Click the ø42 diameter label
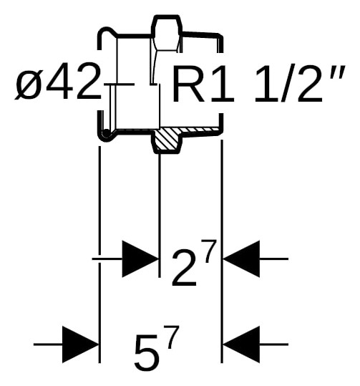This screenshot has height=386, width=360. (x=58, y=81)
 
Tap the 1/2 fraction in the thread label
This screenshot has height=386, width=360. (x=288, y=84)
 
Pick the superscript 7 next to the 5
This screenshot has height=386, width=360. (x=172, y=337)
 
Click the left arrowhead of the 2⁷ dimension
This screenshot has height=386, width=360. (x=140, y=259)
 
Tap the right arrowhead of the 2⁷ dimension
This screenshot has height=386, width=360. (x=241, y=259)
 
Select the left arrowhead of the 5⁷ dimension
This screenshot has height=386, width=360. (x=80, y=344)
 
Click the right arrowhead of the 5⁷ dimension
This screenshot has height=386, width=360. (x=241, y=344)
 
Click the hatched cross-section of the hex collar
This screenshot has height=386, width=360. (x=167, y=140)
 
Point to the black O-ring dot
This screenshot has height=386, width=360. (x=107, y=133)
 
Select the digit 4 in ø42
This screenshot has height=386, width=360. (x=57, y=81)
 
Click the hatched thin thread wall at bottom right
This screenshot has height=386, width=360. (x=199, y=130)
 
